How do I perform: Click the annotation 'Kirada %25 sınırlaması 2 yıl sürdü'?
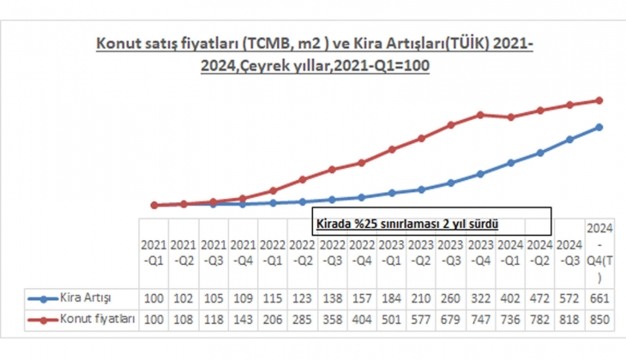click(x=407, y=222)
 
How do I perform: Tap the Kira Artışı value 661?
click(x=599, y=297)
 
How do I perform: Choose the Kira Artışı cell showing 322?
click(x=480, y=297)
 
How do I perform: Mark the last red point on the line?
click(x=599, y=100)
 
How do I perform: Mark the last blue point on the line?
click(x=599, y=127)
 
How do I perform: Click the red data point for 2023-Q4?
click(x=481, y=114)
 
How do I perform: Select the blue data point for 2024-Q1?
click(x=510, y=162)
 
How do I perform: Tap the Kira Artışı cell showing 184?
click(x=391, y=297)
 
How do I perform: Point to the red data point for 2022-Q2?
click(x=303, y=180)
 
